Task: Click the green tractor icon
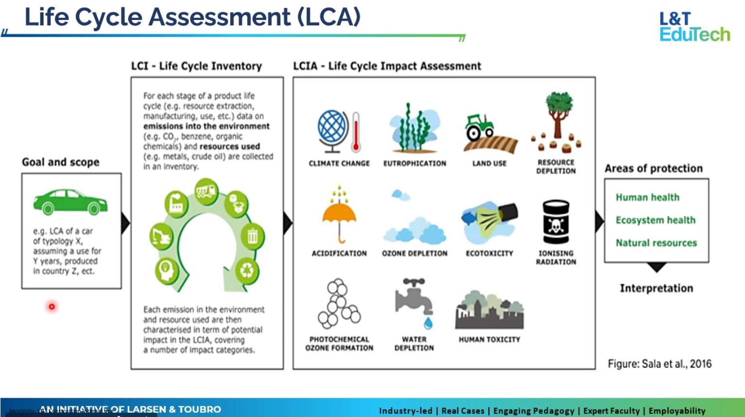479,127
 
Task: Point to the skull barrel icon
556,223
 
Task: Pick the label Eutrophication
414,163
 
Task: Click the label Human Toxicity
489,339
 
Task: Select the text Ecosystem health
655,220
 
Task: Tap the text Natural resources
656,243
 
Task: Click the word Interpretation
656,288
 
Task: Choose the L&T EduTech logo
694,27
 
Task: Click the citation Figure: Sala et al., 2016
660,364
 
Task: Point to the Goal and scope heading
61,162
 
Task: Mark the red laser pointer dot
51,307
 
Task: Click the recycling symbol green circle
247,270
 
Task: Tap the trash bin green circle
253,237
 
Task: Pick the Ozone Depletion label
414,253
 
